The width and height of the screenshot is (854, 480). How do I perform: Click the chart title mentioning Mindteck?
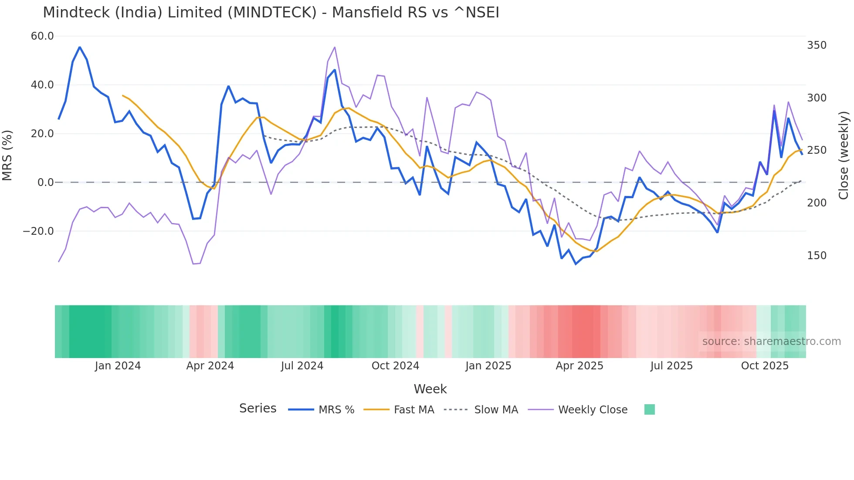coord(271,13)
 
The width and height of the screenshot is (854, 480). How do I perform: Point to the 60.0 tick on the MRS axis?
coord(42,36)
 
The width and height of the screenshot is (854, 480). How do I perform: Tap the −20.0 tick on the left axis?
coord(38,231)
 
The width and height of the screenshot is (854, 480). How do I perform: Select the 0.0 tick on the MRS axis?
coord(46,183)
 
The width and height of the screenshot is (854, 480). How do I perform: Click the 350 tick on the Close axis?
coord(817,45)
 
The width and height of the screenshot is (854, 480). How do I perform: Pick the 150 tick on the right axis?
coord(817,256)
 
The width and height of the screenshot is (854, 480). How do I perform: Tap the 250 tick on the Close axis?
coord(817,150)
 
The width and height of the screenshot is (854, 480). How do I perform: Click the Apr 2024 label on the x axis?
coord(210,366)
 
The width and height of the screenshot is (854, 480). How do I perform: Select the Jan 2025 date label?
coord(488,366)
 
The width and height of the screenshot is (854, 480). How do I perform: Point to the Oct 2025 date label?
coord(765,366)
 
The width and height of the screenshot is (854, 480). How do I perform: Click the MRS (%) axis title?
coord(7,155)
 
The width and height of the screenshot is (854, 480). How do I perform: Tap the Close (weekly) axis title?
coord(844,155)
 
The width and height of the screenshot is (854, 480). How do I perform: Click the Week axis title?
coord(430,389)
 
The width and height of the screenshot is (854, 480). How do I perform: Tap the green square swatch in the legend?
coord(649,409)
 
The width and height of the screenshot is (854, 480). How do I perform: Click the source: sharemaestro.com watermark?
coord(771,341)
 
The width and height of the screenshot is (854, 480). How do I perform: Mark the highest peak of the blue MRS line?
coord(80,47)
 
